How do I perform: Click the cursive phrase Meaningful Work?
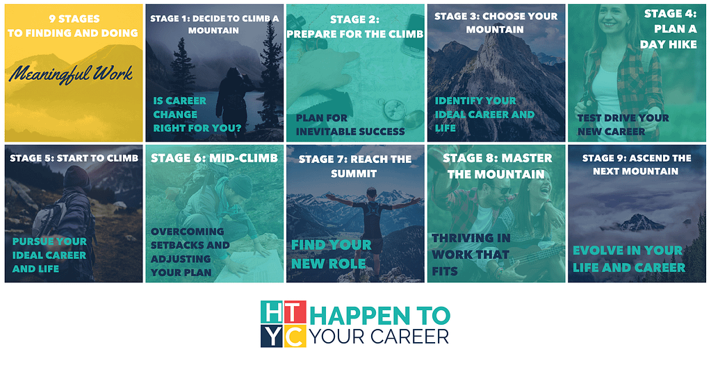coord(71,74)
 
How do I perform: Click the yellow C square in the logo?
coord(295,336)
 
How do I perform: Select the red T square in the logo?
coord(295,312)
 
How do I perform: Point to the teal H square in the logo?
coord(272,312)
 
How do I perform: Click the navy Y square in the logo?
coord(272,336)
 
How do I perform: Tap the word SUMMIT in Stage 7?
coord(354,173)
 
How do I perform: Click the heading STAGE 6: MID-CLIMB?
coord(214,158)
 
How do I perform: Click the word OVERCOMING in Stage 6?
coord(188,231)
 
